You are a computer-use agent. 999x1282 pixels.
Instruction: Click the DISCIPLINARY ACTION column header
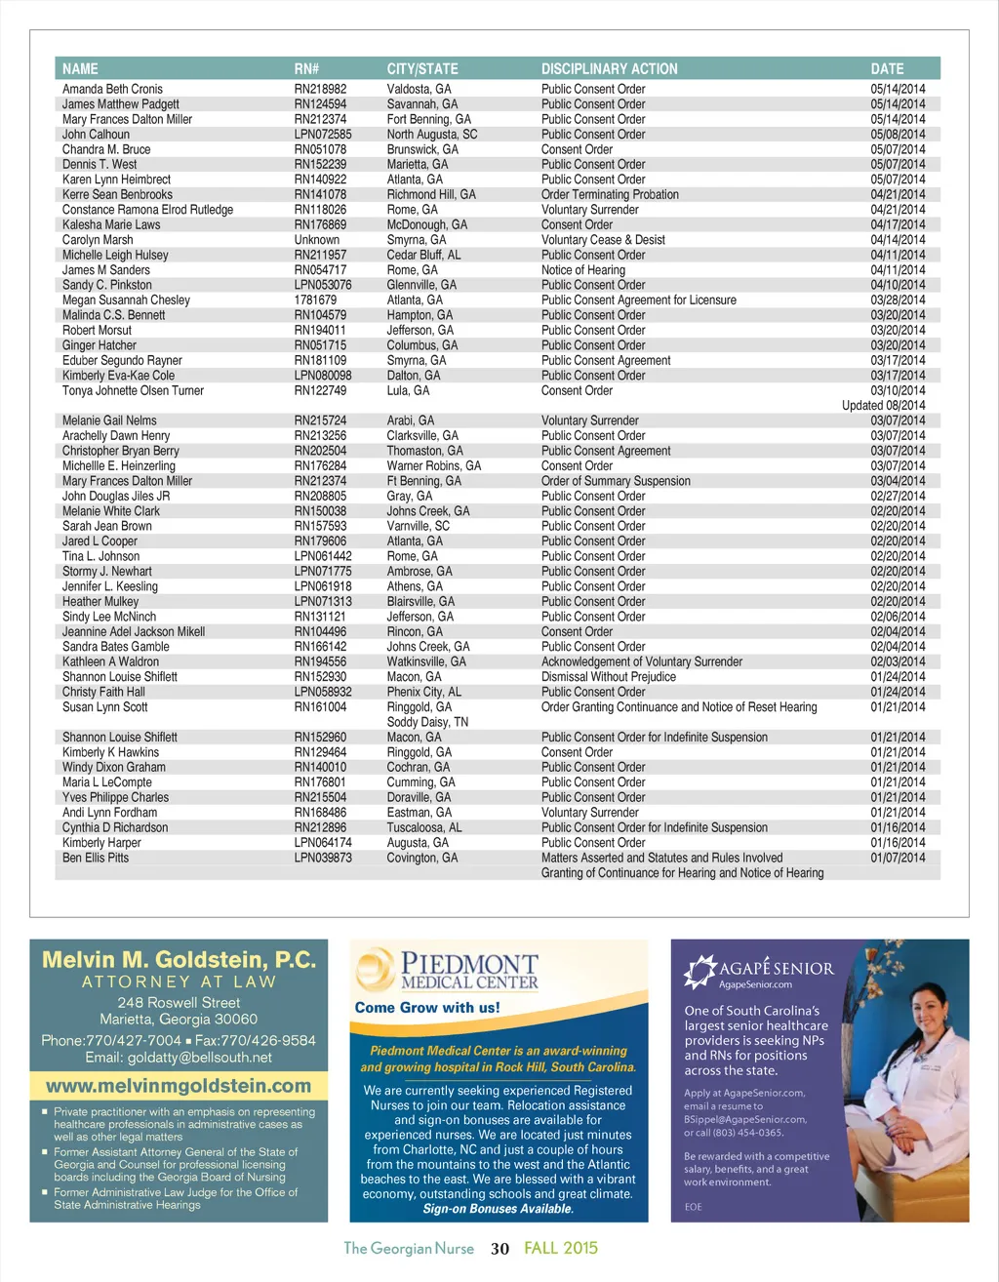(x=609, y=69)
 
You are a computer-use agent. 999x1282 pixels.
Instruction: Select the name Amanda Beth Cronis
(x=112, y=89)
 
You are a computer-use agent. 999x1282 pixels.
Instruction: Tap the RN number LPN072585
(x=323, y=135)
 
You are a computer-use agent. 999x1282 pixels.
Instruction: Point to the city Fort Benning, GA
(x=428, y=119)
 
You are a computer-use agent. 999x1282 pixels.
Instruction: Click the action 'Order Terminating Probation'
(x=610, y=194)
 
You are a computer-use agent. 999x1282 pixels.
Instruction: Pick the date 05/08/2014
(x=898, y=135)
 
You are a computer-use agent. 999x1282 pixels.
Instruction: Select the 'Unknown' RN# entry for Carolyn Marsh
(x=317, y=240)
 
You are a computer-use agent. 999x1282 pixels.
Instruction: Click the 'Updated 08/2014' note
(x=883, y=406)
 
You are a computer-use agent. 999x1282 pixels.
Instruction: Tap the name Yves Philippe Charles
(x=115, y=797)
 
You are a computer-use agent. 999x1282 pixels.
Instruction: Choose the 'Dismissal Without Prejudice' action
(x=608, y=677)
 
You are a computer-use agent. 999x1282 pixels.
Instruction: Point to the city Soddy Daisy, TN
(x=427, y=722)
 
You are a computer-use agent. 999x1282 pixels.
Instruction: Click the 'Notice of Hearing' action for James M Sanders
(x=582, y=270)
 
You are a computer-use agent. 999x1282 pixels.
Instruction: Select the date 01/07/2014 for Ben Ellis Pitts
(x=898, y=858)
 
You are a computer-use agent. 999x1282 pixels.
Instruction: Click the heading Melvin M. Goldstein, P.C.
(x=179, y=960)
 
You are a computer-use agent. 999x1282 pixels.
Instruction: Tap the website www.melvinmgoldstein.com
(x=179, y=1086)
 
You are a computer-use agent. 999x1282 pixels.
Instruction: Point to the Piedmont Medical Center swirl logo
(x=375, y=971)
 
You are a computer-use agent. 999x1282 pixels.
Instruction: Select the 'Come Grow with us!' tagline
(x=427, y=1008)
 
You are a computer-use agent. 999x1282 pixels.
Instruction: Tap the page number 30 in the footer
(x=499, y=1249)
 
